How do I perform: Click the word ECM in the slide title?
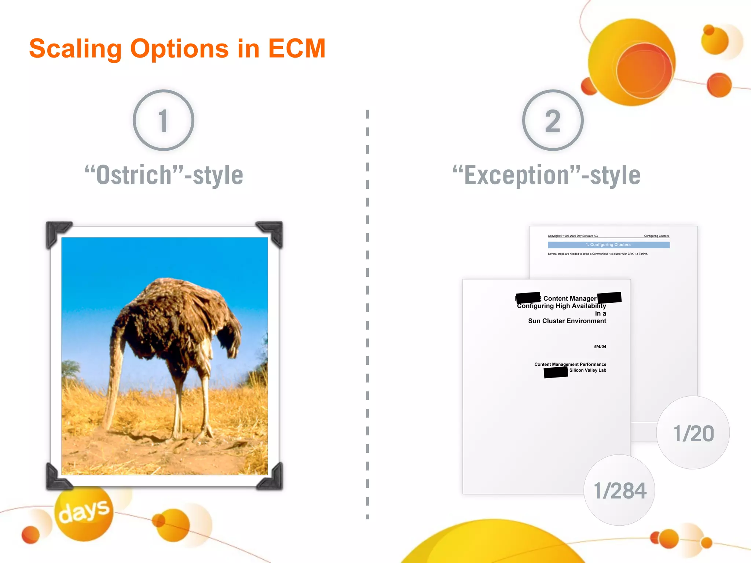297,48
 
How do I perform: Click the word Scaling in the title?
75,49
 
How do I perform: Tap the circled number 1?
164,120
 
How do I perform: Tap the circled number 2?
553,120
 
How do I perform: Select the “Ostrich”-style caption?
164,175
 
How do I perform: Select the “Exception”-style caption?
546,175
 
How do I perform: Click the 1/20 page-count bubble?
693,433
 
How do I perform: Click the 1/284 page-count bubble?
619,490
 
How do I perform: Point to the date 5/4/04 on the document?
600,346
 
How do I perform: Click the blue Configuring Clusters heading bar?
608,245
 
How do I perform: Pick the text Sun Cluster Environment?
567,321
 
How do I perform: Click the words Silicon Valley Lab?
587,370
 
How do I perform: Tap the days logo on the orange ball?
84,512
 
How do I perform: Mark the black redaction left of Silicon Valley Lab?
556,372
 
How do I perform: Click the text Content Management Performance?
570,364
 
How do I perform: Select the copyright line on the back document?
572,236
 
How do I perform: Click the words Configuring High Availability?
561,306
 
